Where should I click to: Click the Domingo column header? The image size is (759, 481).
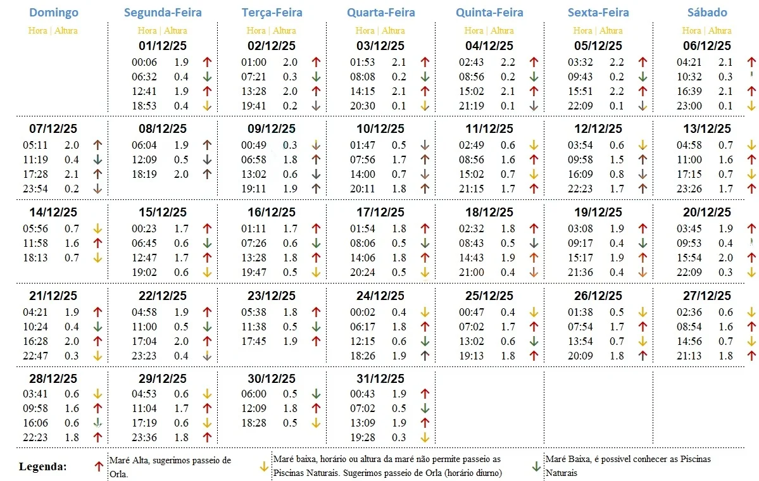pyautogui.click(x=54, y=13)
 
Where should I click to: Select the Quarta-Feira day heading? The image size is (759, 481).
pyautogui.click(x=381, y=13)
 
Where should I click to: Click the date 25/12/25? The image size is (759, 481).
pyautogui.click(x=489, y=296)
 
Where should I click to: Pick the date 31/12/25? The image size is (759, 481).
pyautogui.click(x=380, y=379)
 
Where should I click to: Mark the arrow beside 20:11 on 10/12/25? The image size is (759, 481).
pyautogui.click(x=425, y=188)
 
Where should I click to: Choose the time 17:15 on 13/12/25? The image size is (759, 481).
pyautogui.click(x=689, y=174)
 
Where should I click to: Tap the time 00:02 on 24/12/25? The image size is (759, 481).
pyautogui.click(x=363, y=312)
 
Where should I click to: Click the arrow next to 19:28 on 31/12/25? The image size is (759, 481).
pyautogui.click(x=425, y=437)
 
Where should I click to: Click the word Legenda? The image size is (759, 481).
pyautogui.click(x=42, y=467)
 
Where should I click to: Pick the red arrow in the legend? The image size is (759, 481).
pyautogui.click(x=98, y=466)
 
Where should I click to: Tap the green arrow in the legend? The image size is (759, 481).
pyautogui.click(x=536, y=466)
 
